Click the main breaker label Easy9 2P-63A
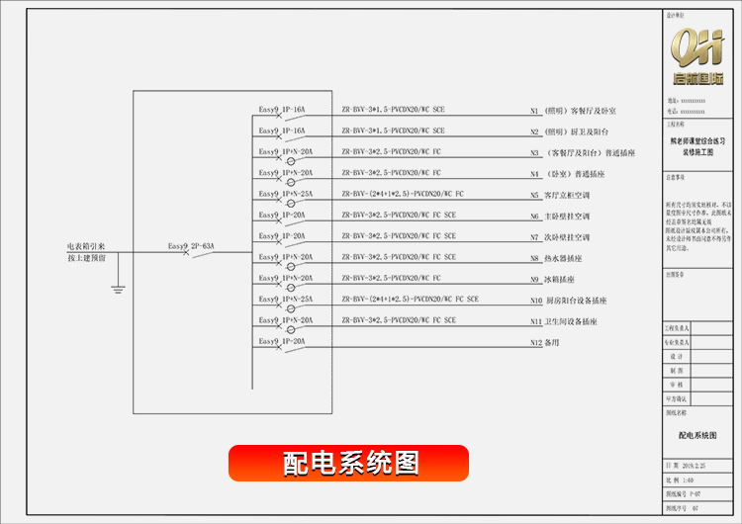191,245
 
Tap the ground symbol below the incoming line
118,290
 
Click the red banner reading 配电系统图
348,463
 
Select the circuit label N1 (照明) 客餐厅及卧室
574,111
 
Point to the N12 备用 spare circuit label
545,342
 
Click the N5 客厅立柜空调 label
560,195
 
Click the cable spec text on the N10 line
410,299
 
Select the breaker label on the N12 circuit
283,341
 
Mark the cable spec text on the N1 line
393,110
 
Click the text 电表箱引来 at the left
86,246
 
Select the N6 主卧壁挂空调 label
560,216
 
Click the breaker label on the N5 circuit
286,194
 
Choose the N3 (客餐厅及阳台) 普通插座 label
580,153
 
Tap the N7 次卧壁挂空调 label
560,237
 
